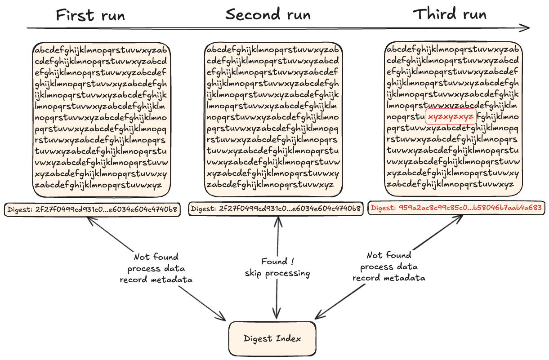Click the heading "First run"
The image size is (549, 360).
tap(90, 15)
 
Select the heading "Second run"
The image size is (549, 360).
tap(268, 14)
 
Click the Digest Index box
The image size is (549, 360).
tap(272, 338)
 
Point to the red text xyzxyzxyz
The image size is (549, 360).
tap(451, 117)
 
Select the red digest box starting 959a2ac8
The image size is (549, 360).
tap(457, 208)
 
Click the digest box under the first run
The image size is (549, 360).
tap(92, 209)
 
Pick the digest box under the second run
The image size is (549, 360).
tap(276, 209)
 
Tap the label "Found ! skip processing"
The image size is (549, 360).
tap(277, 267)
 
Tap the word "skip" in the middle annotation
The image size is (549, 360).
tap(254, 273)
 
